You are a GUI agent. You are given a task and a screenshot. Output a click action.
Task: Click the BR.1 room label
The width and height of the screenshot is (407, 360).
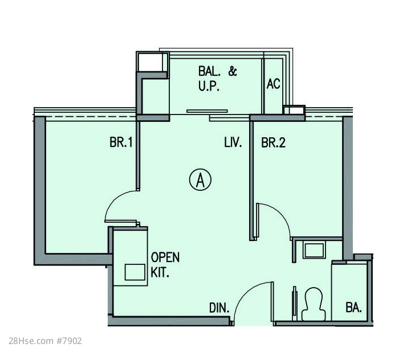coord(121,142)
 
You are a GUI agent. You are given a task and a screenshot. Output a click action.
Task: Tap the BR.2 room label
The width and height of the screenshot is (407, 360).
coord(273,142)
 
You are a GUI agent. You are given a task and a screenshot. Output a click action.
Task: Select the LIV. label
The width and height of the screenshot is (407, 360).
coord(233,142)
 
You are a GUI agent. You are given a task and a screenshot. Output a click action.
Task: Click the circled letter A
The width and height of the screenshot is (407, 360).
coord(200,180)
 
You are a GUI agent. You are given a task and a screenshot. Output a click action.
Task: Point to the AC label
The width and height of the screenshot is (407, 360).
coord(273,84)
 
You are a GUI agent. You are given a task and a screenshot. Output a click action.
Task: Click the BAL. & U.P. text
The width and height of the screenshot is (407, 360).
coord(218,79)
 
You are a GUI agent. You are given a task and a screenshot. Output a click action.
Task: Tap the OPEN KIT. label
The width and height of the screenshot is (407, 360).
coord(165,265)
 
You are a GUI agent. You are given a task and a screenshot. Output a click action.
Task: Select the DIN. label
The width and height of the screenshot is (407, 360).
coord(219,308)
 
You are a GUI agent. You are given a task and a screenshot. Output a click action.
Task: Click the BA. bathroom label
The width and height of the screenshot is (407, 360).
coord(353,308)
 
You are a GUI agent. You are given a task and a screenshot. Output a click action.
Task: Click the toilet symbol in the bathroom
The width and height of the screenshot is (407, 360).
coord(314,304)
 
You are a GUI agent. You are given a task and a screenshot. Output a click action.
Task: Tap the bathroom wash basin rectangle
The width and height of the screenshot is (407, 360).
coord(314,250)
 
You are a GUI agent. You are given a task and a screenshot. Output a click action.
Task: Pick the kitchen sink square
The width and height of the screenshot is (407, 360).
coord(135,272)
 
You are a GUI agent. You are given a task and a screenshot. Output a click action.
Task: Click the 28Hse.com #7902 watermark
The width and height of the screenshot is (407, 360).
coord(45,341)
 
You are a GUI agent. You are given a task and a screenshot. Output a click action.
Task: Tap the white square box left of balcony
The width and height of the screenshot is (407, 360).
coord(150,62)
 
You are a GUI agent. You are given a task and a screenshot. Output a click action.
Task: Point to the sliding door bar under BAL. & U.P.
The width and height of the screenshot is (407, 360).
coord(207,111)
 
